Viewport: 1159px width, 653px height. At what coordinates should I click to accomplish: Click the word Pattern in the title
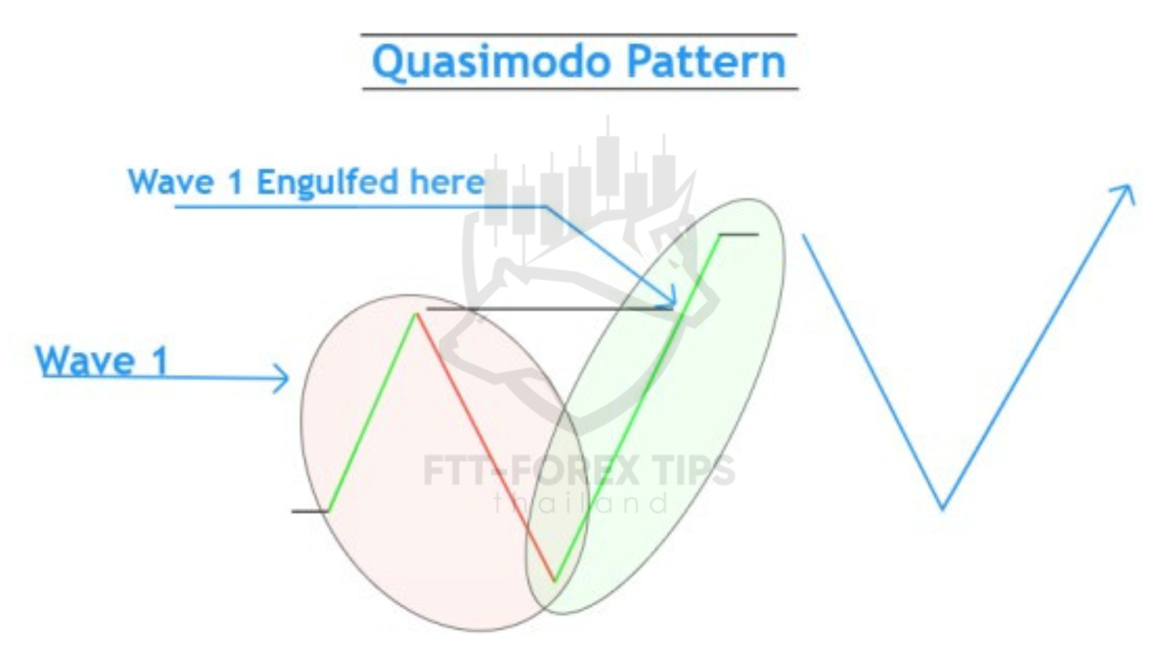(707, 61)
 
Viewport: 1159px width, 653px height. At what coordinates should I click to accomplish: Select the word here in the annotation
(447, 182)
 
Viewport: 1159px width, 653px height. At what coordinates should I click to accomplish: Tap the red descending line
(486, 447)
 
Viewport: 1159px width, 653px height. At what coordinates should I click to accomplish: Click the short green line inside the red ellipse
(372, 412)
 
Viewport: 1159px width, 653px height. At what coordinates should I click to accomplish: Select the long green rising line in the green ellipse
(637, 408)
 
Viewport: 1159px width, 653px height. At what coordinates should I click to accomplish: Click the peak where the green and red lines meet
(416, 313)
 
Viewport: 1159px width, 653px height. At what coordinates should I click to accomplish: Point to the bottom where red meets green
(554, 582)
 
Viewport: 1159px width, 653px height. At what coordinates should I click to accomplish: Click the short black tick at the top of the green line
(739, 235)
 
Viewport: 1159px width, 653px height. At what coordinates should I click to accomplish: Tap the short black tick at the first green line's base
(310, 511)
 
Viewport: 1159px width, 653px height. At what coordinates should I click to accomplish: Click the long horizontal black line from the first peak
(550, 309)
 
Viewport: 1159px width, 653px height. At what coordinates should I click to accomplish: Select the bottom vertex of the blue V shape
(942, 509)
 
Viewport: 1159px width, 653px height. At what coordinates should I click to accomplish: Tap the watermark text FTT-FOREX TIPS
(579, 471)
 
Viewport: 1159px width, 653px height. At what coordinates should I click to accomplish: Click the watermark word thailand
(581, 503)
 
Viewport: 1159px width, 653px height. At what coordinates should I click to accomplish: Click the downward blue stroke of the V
(872, 372)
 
